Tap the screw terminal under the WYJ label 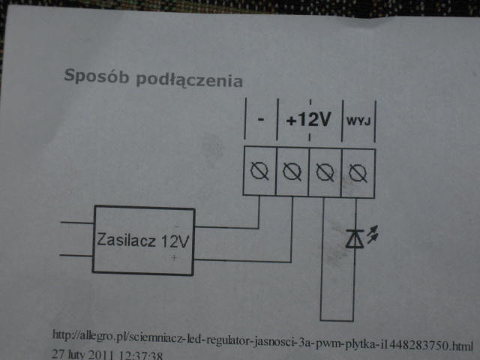358,174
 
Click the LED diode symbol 354,238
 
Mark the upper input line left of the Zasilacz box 76,223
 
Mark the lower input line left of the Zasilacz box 76,255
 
